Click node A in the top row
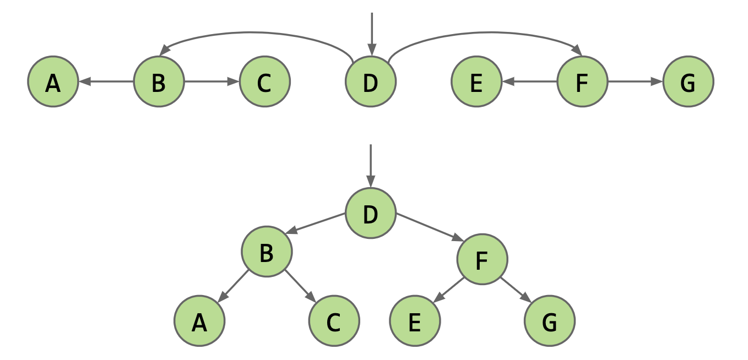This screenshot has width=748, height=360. [x=53, y=82]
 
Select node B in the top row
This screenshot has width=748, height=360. [x=159, y=82]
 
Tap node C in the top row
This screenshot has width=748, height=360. [x=264, y=82]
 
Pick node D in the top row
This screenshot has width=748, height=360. [x=370, y=82]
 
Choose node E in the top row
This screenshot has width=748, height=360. [x=476, y=82]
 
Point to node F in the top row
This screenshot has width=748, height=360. [x=582, y=82]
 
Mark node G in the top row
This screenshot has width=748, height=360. [x=688, y=82]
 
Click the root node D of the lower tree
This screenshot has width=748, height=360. [x=370, y=214]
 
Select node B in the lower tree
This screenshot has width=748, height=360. [x=267, y=252]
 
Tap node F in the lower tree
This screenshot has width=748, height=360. [x=482, y=259]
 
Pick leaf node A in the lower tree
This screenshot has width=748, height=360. [x=199, y=321]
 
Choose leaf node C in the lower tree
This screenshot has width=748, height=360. [x=334, y=321]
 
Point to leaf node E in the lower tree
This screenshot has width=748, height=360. [x=415, y=321]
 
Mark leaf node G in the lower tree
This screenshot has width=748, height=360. [x=549, y=321]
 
